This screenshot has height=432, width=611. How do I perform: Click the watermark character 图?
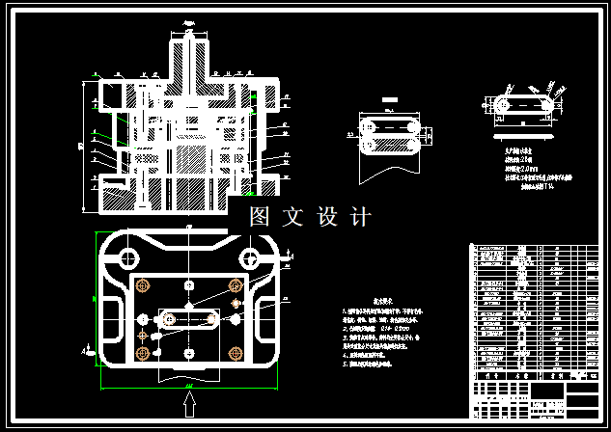pyautogui.click(x=259, y=217)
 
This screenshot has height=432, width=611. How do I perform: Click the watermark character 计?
pyautogui.click(x=361, y=217)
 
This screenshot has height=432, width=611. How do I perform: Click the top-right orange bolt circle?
pyautogui.click(x=234, y=285)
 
